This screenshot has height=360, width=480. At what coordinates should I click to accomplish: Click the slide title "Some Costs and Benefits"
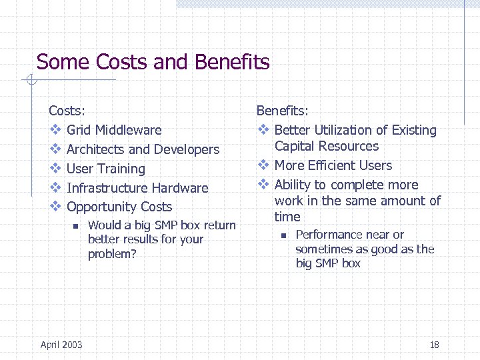click(153, 63)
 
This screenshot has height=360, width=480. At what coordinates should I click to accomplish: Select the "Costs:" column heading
click(67, 111)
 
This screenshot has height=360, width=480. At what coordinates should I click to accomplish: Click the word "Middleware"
click(128, 130)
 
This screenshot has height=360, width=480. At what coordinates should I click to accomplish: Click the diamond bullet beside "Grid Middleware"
click(55, 130)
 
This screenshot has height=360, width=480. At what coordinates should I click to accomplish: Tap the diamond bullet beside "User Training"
click(55, 169)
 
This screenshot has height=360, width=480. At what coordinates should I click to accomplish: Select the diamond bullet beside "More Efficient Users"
click(263, 165)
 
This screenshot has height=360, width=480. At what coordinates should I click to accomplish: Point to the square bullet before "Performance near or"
click(283, 235)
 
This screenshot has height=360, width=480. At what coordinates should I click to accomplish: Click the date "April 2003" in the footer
click(61, 345)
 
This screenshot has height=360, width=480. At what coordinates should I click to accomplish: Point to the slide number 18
click(435, 345)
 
